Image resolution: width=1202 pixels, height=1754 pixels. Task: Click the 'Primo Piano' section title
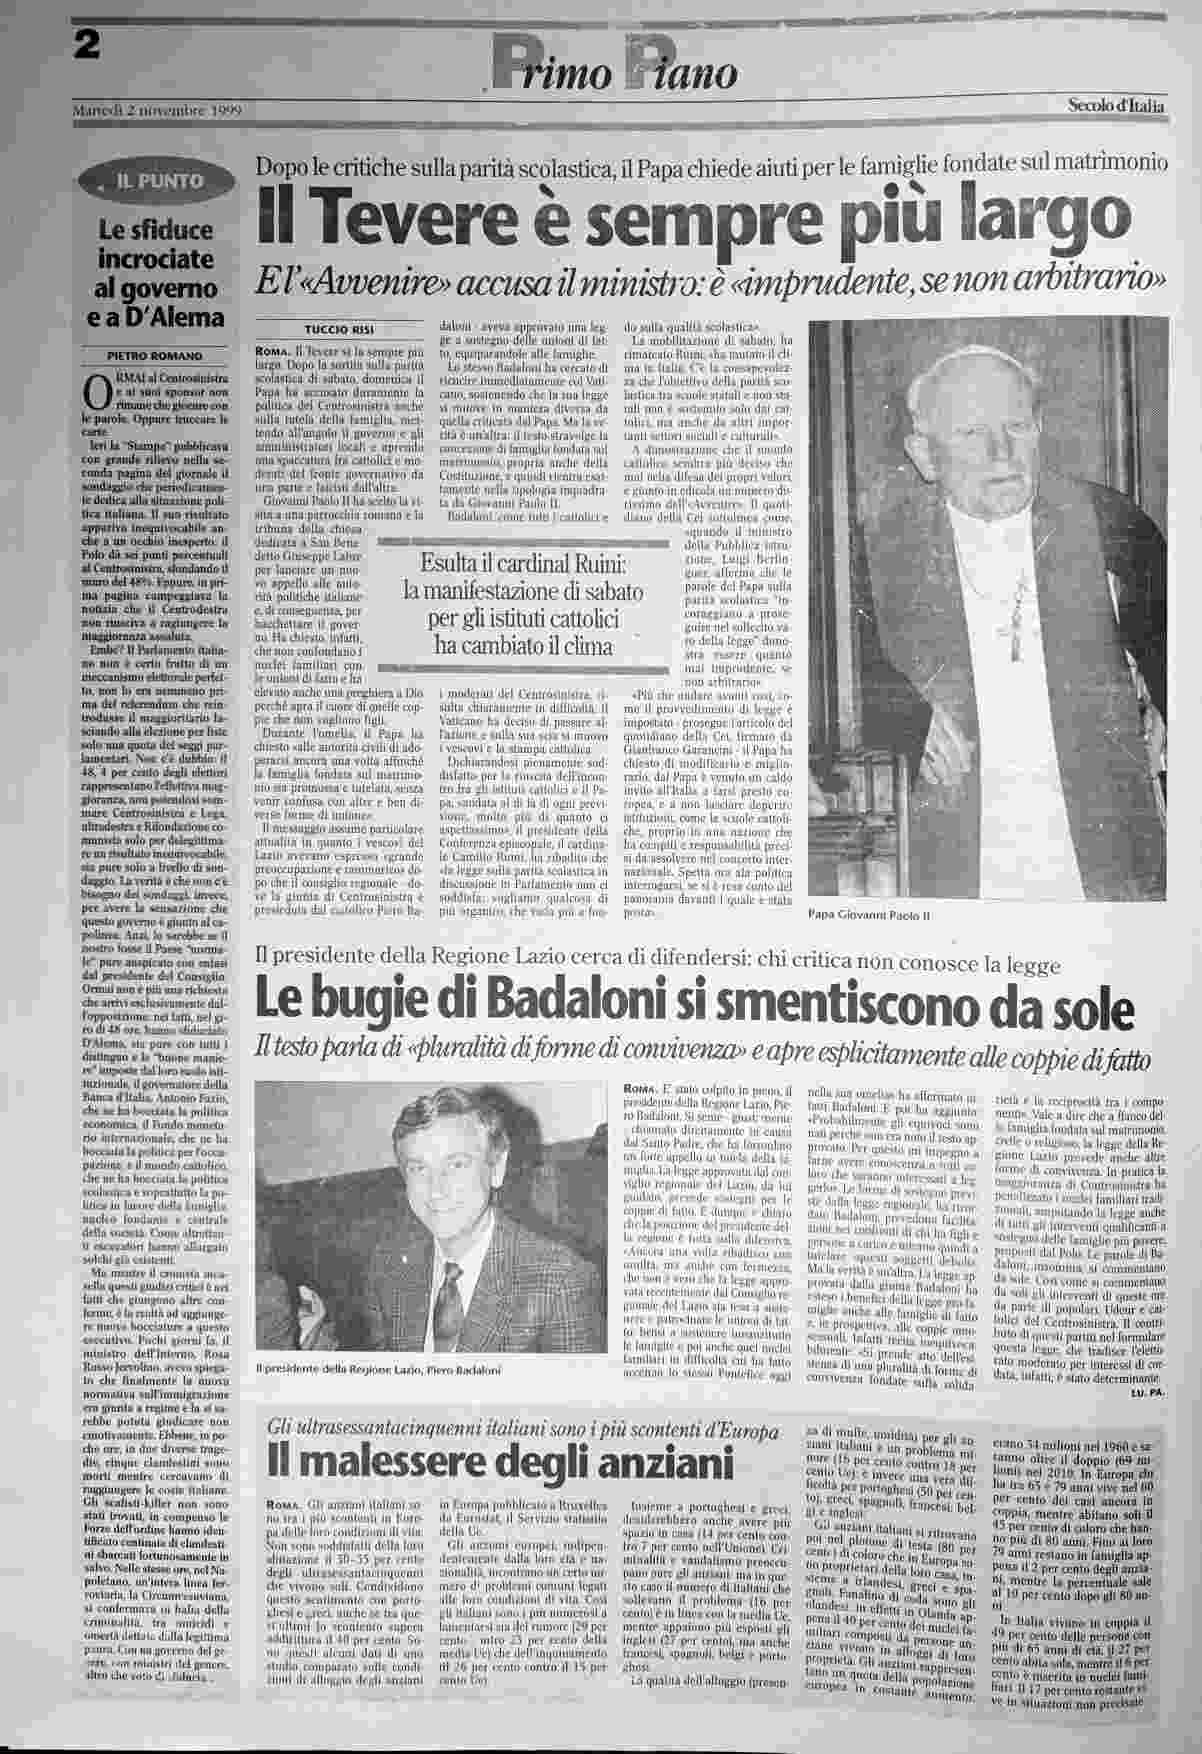[614, 71]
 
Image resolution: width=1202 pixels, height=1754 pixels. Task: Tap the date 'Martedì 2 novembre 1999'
[158, 109]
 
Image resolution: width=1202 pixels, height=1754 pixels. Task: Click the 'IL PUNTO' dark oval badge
[160, 182]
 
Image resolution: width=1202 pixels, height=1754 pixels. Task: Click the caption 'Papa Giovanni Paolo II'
[869, 914]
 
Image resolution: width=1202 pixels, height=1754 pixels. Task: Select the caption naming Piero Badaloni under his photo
[378, 1368]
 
